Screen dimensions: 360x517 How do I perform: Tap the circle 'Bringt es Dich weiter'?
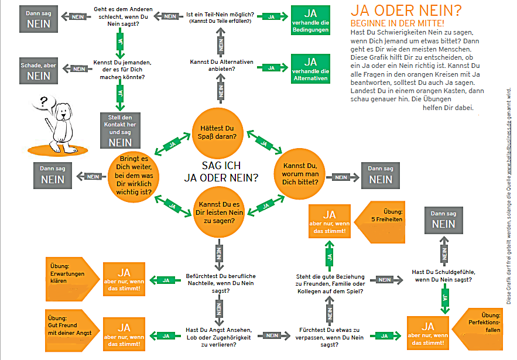pos(135,176)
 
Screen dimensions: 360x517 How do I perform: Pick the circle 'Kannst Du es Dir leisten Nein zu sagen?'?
pos(218,212)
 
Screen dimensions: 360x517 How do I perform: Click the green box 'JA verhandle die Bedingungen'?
pos(310,21)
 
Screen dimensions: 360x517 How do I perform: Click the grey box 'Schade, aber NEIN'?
pos(39,71)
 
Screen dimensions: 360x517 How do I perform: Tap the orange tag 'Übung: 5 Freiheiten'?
pos(386,218)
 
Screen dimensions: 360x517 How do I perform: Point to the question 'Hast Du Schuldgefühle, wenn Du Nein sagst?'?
pos(443,276)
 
